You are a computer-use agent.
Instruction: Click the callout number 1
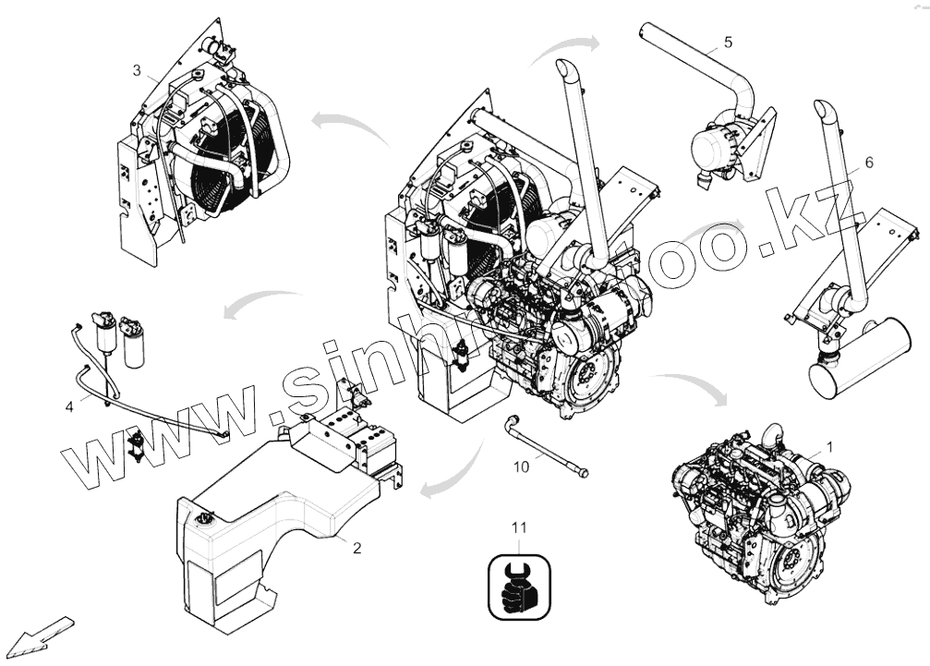(x=828, y=446)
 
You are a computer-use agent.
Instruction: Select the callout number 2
(x=356, y=548)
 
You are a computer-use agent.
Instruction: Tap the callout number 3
(x=137, y=70)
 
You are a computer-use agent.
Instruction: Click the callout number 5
(x=728, y=42)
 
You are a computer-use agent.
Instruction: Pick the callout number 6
(x=868, y=163)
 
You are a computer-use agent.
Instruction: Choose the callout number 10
(x=522, y=466)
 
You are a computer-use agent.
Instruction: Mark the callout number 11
(x=519, y=527)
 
